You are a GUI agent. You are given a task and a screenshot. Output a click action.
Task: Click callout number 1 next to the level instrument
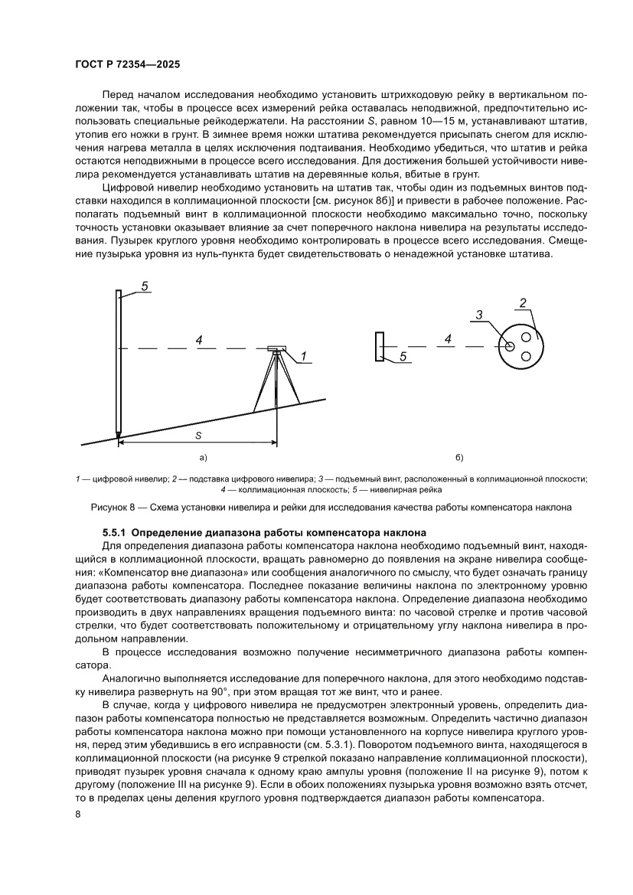[303, 356]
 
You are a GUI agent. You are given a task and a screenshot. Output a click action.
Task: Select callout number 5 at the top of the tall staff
[145, 286]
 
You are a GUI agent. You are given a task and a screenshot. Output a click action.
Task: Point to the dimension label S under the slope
[197, 435]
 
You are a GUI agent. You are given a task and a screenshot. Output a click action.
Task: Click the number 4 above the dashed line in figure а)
[198, 339]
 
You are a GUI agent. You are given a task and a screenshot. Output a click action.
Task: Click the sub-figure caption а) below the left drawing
[203, 458]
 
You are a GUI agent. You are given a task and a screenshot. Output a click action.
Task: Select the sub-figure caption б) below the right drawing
[459, 458]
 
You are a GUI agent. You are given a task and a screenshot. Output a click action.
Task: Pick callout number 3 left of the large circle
[478, 315]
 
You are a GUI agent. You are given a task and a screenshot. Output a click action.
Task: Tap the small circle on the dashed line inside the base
[510, 346]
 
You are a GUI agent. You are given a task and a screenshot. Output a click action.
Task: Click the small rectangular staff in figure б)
[380, 346]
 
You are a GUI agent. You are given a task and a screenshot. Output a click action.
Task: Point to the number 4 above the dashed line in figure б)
[448, 338]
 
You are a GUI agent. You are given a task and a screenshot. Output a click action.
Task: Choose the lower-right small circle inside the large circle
[527, 356]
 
